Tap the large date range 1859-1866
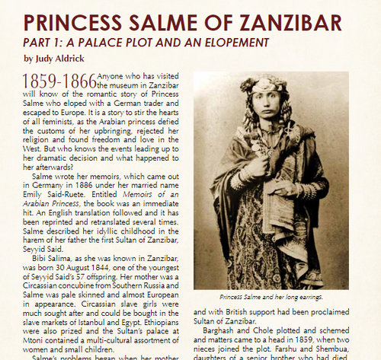pyautogui.click(x=60, y=81)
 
